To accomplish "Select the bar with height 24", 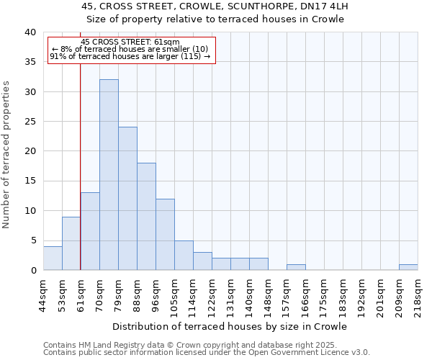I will (x=127, y=199).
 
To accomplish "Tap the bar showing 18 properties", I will (x=146, y=216).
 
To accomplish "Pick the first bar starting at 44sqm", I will (x=53, y=258).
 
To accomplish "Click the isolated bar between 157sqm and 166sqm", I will (x=296, y=267).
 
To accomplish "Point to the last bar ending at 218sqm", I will (x=408, y=267).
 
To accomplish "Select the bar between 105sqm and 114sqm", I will (x=184, y=256).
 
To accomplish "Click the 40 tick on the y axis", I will (x=30, y=32).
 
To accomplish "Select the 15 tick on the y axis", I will (x=30, y=181).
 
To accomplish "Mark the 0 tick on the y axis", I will (x=33, y=270).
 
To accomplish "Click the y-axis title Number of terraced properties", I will (x=7, y=155).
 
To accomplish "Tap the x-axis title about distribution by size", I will (x=230, y=326).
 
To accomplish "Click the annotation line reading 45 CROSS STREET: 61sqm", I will (x=130, y=42).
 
